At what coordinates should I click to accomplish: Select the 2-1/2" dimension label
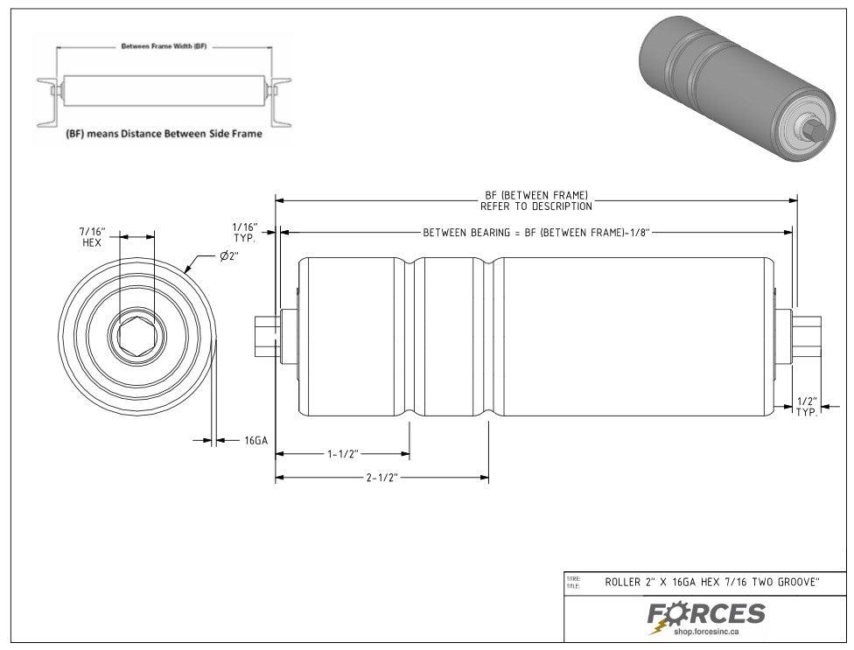tap(382, 479)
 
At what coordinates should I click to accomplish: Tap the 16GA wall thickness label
tap(255, 440)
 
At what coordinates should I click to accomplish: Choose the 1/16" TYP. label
tap(244, 232)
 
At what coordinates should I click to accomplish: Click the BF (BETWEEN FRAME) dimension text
tap(535, 195)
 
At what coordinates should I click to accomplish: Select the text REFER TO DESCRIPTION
tap(535, 206)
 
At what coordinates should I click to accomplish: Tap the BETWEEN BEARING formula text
tap(535, 232)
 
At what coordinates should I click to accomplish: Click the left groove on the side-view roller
tap(409, 337)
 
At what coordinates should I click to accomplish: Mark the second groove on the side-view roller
tap(488, 337)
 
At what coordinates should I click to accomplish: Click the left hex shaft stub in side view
tap(263, 337)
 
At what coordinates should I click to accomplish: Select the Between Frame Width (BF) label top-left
tap(163, 45)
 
